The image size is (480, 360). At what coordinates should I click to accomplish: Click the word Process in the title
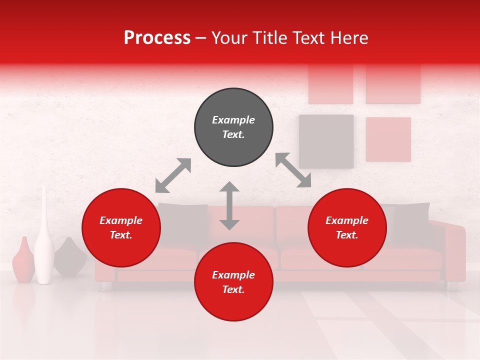157,38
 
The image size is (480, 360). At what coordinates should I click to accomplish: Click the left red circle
121,227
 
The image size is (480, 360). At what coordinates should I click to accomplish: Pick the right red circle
347,227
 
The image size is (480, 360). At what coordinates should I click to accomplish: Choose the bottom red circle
233,282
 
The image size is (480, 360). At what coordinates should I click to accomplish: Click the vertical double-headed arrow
229,205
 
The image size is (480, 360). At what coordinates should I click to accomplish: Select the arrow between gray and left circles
173,175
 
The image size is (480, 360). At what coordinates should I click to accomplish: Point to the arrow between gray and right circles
293,170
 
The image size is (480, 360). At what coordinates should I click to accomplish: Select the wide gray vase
69,257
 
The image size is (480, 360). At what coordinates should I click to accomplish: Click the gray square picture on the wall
326,141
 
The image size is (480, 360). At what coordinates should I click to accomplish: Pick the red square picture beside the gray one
388,139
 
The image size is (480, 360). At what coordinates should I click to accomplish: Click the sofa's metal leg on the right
452,286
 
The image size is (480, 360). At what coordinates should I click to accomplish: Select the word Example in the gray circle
233,120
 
